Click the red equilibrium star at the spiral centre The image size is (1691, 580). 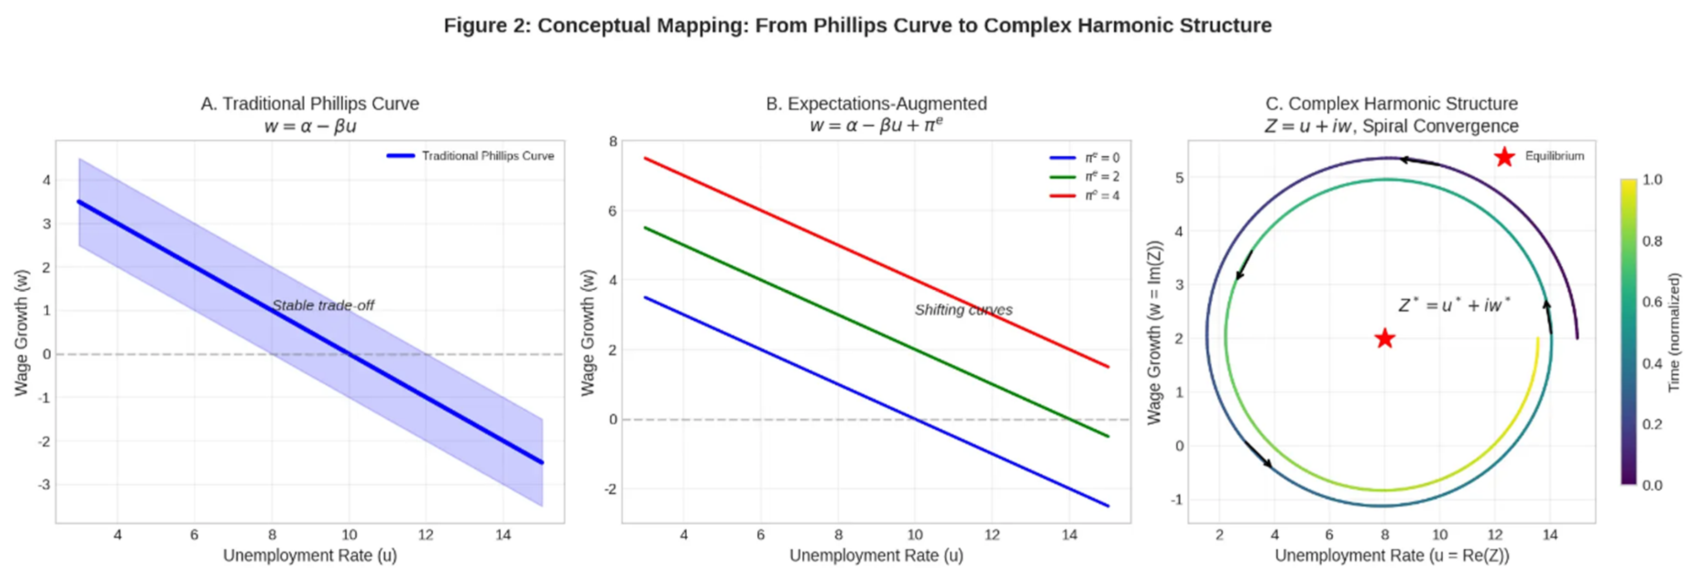tap(1385, 339)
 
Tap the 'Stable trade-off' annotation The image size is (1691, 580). tap(323, 305)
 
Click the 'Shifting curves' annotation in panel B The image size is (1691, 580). tap(963, 310)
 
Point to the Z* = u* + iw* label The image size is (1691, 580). tap(1454, 305)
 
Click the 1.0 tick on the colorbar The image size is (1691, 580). tap(1652, 180)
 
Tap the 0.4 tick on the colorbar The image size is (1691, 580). tap(1652, 363)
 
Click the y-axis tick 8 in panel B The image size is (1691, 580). tap(613, 142)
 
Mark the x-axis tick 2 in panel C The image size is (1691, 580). tap(1219, 535)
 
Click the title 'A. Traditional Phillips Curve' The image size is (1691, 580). tap(310, 104)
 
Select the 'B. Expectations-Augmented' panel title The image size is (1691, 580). tap(876, 104)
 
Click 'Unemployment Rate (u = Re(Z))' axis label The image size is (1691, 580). tap(1392, 556)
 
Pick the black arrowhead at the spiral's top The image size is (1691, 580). tap(1403, 159)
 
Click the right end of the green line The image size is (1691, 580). tap(1108, 436)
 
